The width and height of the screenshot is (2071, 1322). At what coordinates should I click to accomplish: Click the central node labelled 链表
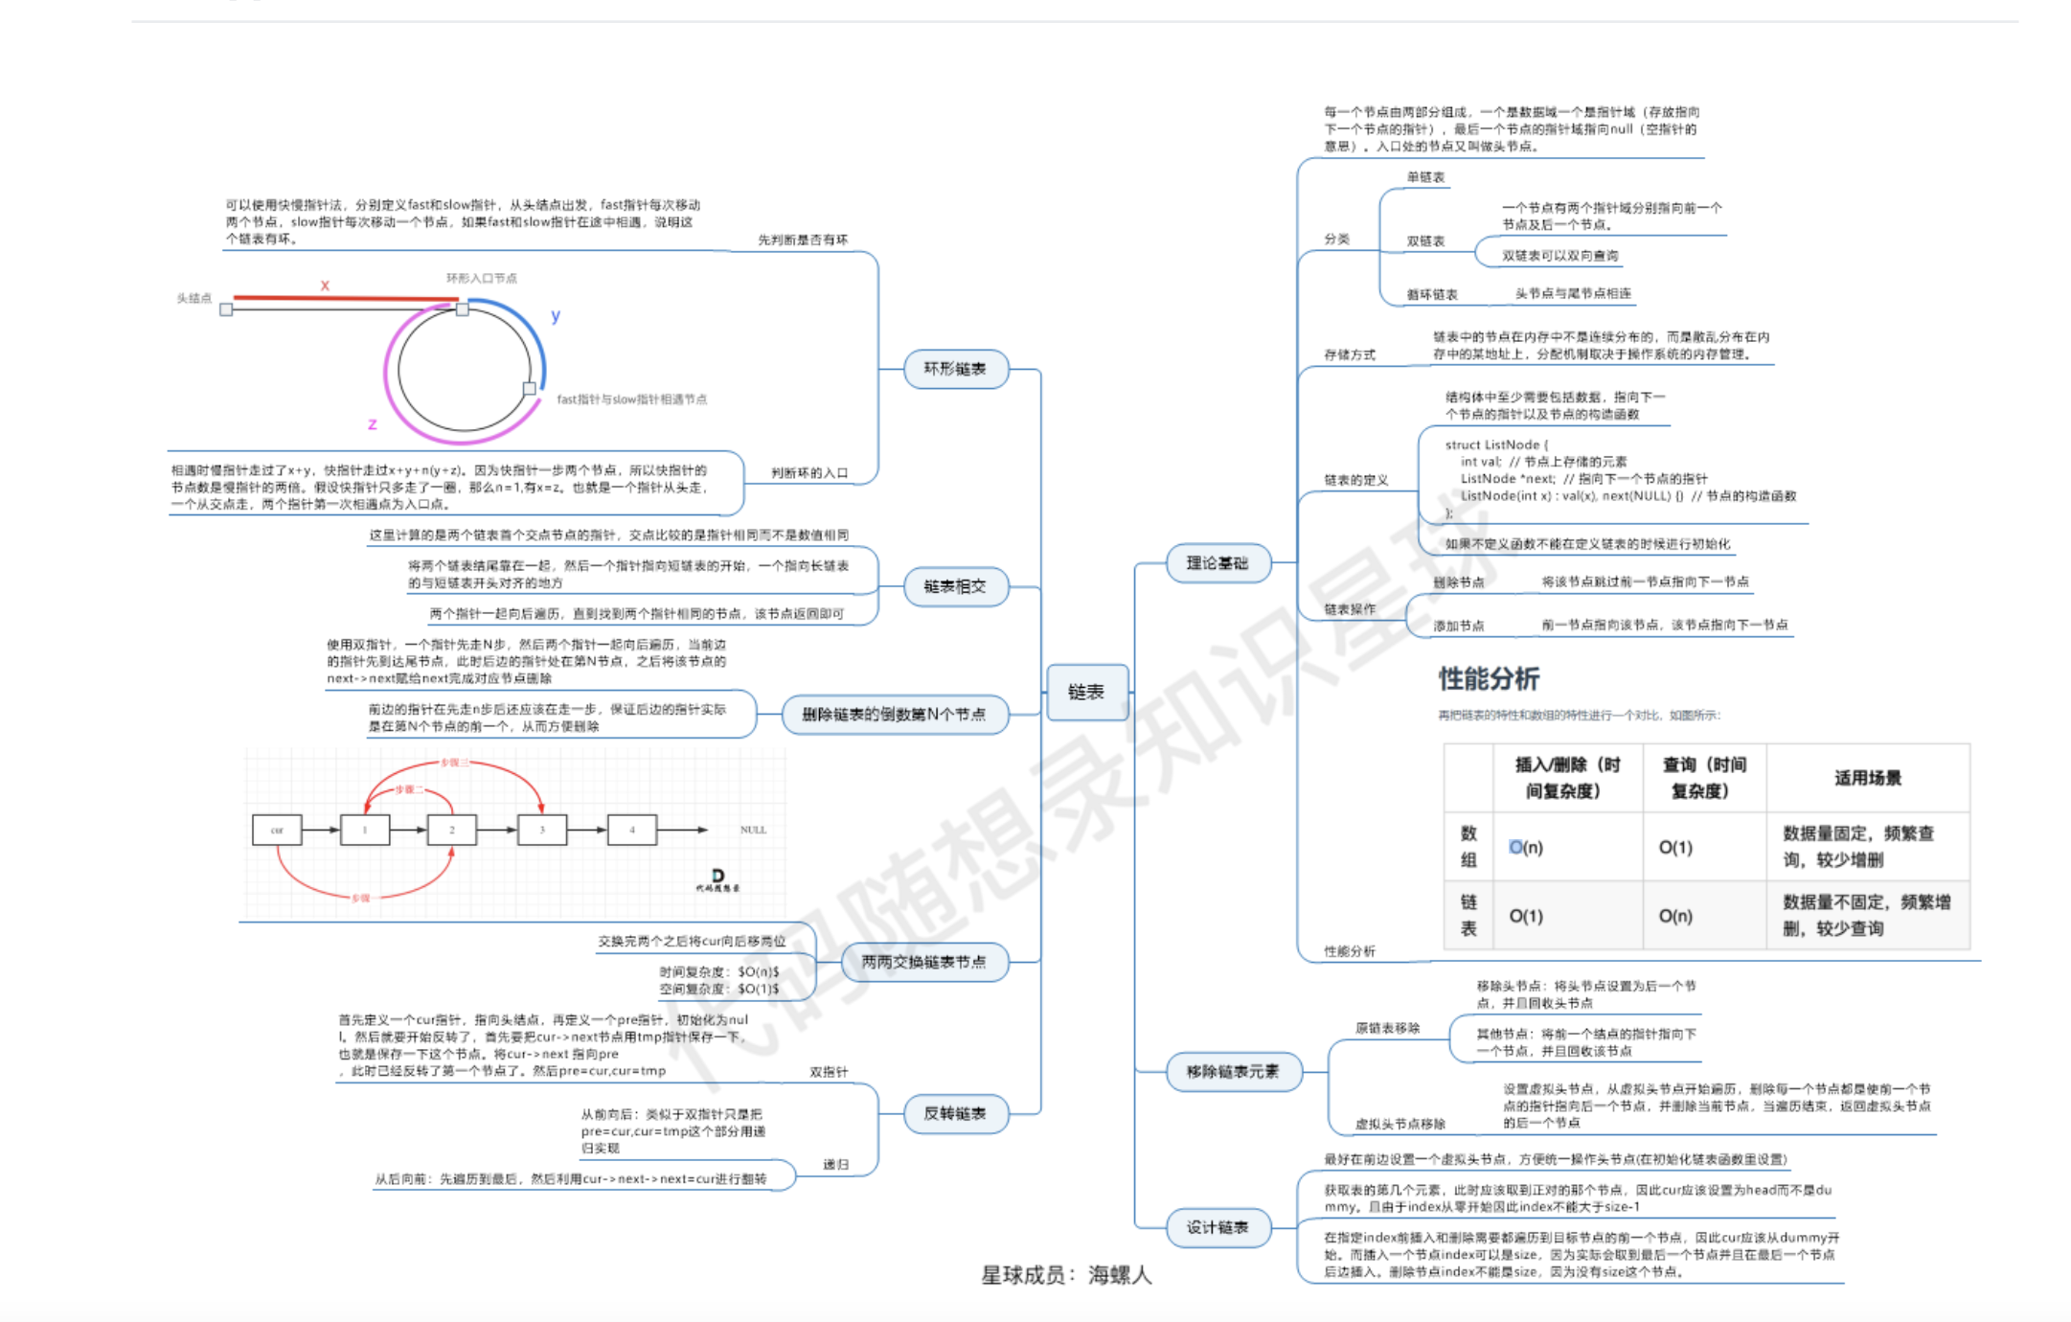point(1086,692)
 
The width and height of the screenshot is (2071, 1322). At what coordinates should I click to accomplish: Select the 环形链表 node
point(955,369)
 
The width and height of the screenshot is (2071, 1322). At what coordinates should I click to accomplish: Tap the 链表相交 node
point(955,586)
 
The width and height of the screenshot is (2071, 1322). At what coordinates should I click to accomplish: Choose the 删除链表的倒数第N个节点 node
point(894,715)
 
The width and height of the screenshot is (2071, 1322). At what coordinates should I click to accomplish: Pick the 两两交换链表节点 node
point(923,962)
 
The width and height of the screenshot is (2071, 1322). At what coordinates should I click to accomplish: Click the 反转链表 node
point(955,1113)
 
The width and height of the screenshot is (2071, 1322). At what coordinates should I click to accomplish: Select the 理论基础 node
point(1218,563)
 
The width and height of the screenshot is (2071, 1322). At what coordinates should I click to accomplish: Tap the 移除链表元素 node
point(1233,1071)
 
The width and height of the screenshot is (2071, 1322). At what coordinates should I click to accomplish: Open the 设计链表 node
point(1218,1227)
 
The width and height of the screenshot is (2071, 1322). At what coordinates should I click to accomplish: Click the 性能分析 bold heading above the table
point(1489,679)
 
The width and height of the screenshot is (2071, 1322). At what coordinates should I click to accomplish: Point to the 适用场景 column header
point(1867,778)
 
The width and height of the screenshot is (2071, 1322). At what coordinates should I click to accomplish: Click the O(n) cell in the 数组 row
point(1526,848)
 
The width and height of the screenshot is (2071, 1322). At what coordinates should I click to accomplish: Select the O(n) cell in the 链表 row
point(1675,917)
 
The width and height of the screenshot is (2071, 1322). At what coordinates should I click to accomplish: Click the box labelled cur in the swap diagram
point(277,830)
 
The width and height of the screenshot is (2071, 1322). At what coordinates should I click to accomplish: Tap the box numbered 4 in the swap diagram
point(632,830)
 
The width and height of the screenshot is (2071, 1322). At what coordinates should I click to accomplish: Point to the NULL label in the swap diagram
point(753,830)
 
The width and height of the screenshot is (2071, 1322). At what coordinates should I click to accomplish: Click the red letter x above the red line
point(325,285)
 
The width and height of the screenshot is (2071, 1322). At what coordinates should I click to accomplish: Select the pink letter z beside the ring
point(373,423)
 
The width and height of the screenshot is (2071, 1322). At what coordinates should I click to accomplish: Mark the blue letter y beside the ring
point(556,315)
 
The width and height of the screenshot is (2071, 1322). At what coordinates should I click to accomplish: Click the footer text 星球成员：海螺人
point(1066,1275)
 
